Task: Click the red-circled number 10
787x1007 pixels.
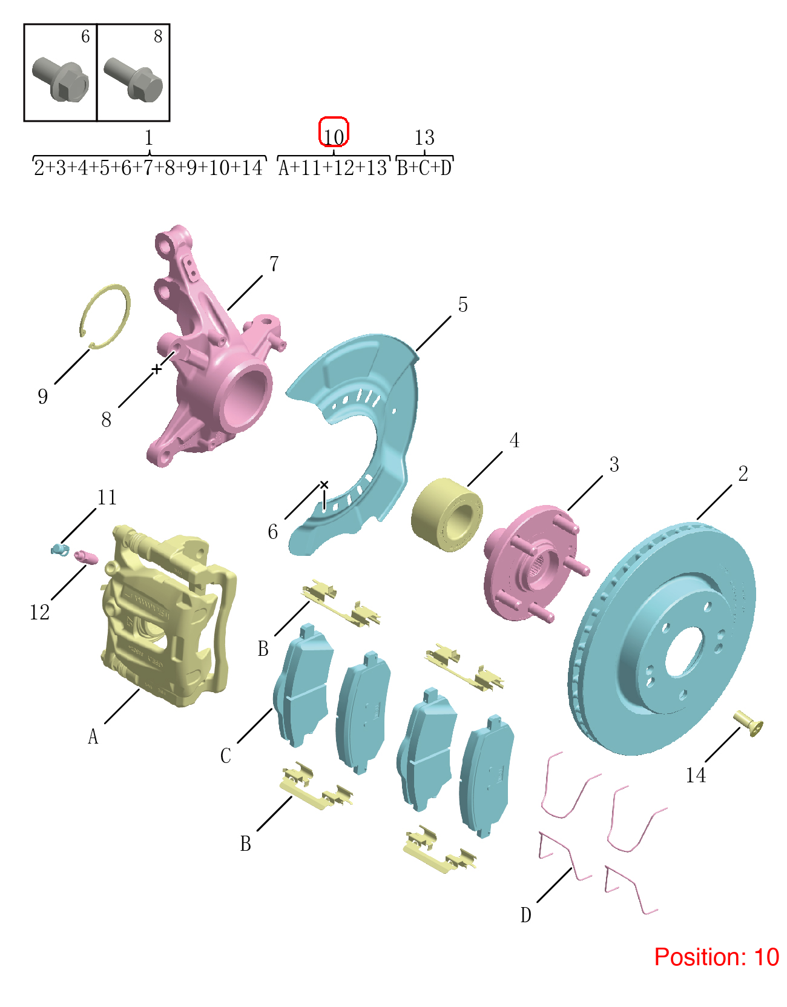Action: [x=334, y=136]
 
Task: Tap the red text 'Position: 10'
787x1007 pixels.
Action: [x=716, y=957]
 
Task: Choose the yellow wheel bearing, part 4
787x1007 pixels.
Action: [x=447, y=515]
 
